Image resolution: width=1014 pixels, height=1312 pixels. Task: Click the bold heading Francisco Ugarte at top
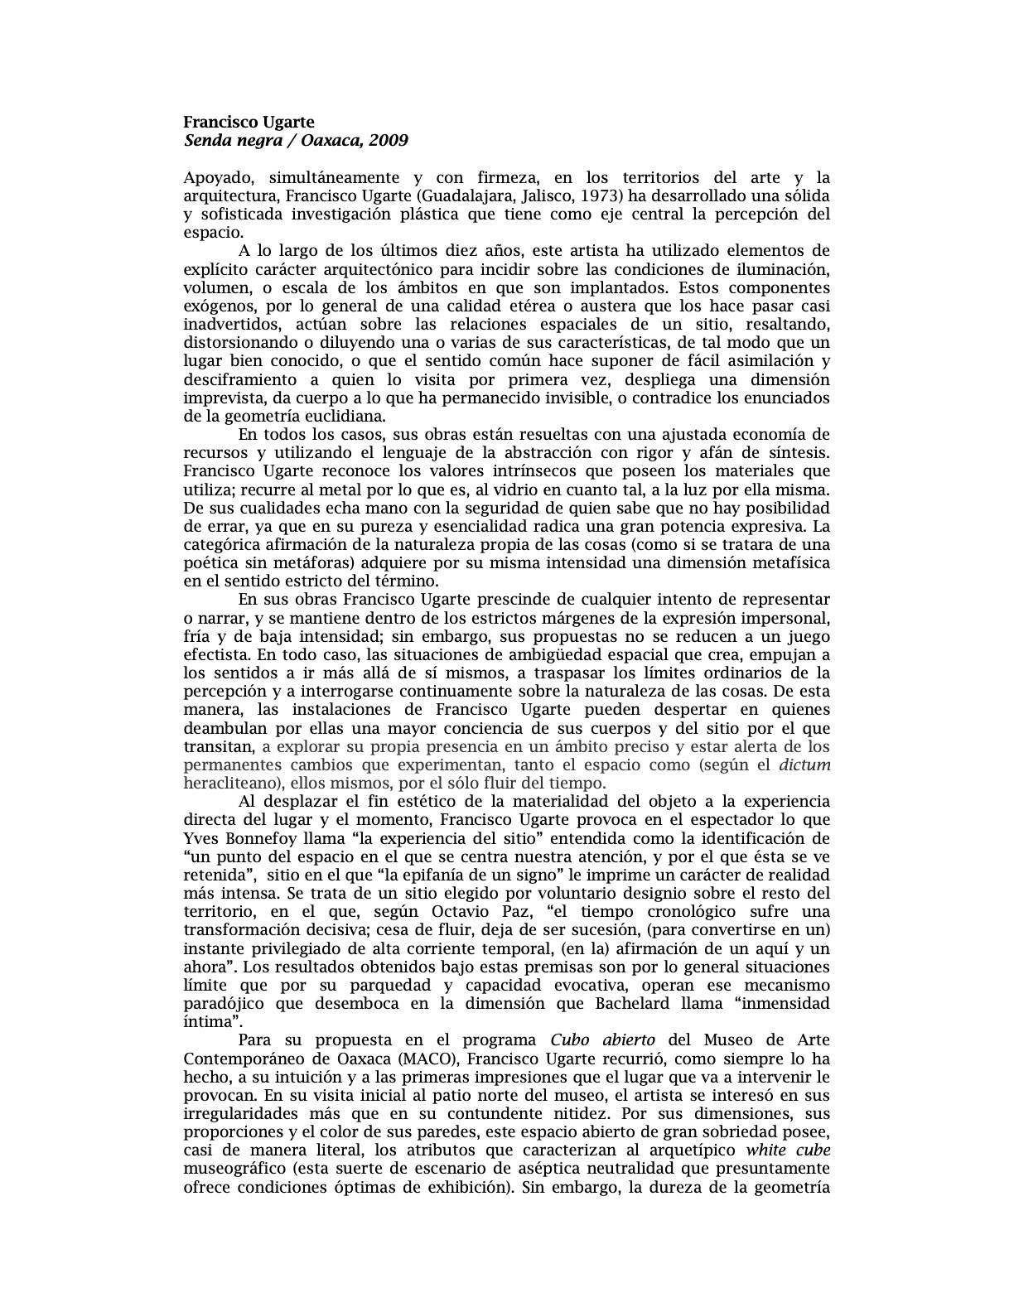[x=249, y=123]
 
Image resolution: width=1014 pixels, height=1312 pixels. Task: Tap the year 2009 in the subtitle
[x=389, y=140]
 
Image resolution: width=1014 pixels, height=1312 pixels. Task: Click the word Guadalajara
[x=458, y=196]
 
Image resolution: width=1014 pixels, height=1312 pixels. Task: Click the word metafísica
[x=790, y=563]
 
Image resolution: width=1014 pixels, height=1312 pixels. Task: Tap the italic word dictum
[x=804, y=765]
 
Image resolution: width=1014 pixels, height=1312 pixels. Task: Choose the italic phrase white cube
[x=788, y=1150]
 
